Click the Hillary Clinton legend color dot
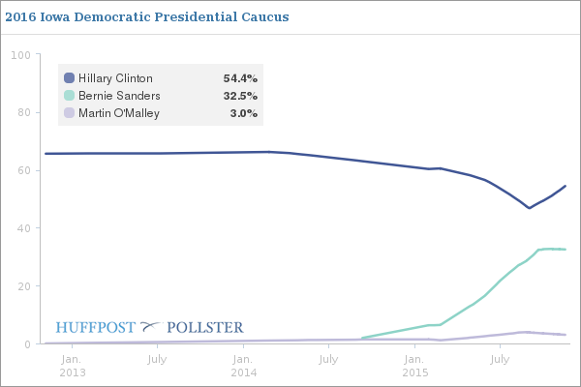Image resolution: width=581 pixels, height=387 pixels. click(x=69, y=78)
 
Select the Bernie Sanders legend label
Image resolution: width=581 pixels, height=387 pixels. click(x=119, y=96)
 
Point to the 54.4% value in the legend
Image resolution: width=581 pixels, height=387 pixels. click(x=240, y=78)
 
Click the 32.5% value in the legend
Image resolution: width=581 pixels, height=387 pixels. click(x=240, y=96)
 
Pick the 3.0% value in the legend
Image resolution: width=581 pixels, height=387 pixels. click(x=243, y=113)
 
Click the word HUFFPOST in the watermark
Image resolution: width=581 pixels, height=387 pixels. click(x=96, y=327)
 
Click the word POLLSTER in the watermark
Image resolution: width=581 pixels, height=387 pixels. click(x=205, y=327)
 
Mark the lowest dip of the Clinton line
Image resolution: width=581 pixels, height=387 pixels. click(x=529, y=208)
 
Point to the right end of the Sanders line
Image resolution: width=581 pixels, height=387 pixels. click(x=566, y=250)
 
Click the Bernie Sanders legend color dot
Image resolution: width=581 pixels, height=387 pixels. click(x=69, y=96)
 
